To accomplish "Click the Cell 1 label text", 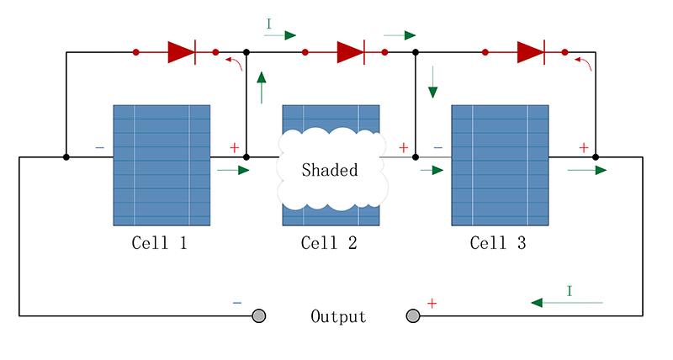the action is (159, 243).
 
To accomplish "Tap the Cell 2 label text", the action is (329, 243).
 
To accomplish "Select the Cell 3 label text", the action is (498, 243).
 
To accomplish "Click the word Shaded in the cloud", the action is (330, 170).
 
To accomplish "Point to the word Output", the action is (338, 316).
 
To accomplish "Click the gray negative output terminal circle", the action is (259, 315).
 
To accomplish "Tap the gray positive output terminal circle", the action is (413, 315).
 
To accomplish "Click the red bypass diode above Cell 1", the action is (182, 52).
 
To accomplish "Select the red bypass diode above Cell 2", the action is (351, 52).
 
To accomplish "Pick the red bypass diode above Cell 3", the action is (531, 52).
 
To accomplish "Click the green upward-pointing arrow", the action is (262, 87).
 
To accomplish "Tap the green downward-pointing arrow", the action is (432, 82).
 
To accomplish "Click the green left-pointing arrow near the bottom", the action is (567, 303).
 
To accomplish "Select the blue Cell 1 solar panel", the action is (162, 165).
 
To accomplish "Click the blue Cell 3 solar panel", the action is (500, 165).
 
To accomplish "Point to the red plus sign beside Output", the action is (432, 304).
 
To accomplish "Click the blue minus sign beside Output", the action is (237, 303).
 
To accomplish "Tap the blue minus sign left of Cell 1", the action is (99, 147).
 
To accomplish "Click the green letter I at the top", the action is (268, 24).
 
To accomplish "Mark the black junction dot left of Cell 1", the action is (66, 157).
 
